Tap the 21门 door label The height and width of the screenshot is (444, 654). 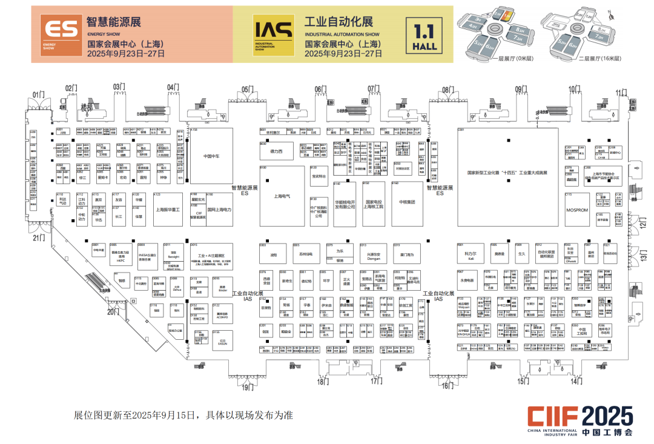(x=39, y=238)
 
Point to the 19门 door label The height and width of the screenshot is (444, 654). (x=247, y=388)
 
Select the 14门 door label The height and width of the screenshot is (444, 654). (x=576, y=381)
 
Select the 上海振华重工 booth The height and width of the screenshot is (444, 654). (x=168, y=210)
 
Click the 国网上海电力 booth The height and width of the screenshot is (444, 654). (x=219, y=210)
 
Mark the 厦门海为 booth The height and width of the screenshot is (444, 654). (x=406, y=255)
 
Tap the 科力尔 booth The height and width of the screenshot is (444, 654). (x=470, y=254)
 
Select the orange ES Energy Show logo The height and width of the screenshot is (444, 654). (x=59, y=34)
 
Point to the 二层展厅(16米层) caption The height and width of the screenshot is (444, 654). (x=599, y=59)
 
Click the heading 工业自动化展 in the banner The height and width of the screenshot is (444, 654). (x=339, y=22)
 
